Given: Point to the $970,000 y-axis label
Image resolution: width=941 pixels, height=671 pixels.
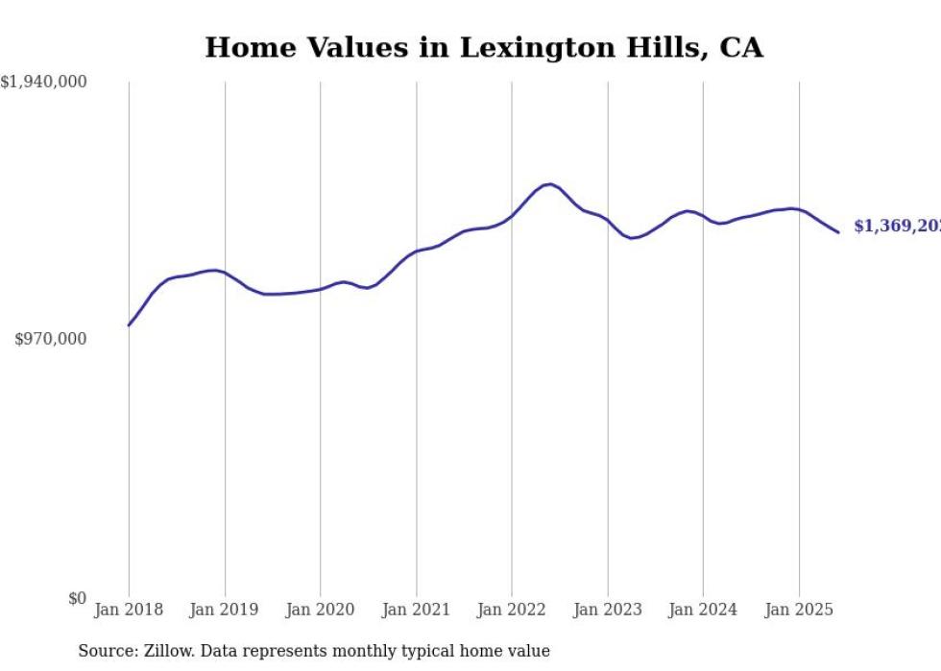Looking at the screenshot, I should [51, 339].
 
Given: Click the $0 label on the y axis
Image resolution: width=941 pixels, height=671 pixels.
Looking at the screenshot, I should [77, 599].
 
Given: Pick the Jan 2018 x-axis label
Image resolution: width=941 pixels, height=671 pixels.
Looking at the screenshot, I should [129, 610].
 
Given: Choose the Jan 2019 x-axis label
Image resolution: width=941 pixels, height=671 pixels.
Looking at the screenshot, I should [225, 610].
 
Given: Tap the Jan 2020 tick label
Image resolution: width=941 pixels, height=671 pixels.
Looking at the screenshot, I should [321, 610].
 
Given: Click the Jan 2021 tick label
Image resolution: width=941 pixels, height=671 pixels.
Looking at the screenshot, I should [416, 610].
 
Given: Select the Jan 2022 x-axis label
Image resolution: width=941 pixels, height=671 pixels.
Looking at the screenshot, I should [512, 610].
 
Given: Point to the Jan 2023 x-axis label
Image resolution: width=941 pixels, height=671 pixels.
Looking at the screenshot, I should [608, 610].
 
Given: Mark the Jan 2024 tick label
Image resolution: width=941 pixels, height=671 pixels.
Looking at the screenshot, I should [703, 610].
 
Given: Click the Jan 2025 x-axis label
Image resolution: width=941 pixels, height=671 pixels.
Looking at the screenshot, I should [799, 610].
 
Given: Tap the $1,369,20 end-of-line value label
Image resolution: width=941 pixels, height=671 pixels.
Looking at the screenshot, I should [896, 227].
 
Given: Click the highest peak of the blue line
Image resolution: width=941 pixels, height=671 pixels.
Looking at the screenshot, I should [548, 184].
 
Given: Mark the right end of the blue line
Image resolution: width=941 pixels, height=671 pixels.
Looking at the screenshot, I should [838, 232].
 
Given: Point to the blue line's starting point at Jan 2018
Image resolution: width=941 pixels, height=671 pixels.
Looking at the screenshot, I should [129, 325].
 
